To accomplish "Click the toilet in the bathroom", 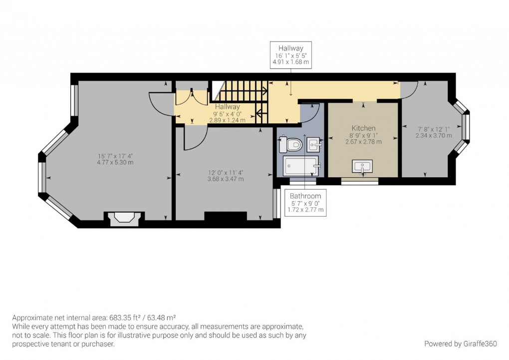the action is pyautogui.click(x=291, y=144).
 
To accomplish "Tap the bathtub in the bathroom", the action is pyautogui.click(x=301, y=166).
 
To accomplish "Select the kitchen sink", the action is pyautogui.click(x=362, y=167).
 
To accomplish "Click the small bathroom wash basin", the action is pyautogui.click(x=314, y=144).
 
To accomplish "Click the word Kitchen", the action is pyautogui.click(x=364, y=128).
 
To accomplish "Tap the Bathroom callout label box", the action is pyautogui.click(x=305, y=203).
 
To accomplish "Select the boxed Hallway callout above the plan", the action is pyautogui.click(x=291, y=55).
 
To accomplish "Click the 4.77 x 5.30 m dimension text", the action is pyautogui.click(x=115, y=162).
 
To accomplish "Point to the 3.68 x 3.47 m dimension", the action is pyautogui.click(x=226, y=179).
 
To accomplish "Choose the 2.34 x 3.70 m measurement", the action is pyautogui.click(x=434, y=135).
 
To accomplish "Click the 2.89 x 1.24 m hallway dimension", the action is pyautogui.click(x=227, y=120).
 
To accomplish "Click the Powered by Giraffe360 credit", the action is pyautogui.click(x=461, y=344).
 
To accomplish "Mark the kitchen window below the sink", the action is pyautogui.click(x=360, y=181).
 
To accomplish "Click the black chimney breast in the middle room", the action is pyautogui.click(x=226, y=216).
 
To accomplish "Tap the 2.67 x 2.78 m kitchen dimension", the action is pyautogui.click(x=364, y=142).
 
